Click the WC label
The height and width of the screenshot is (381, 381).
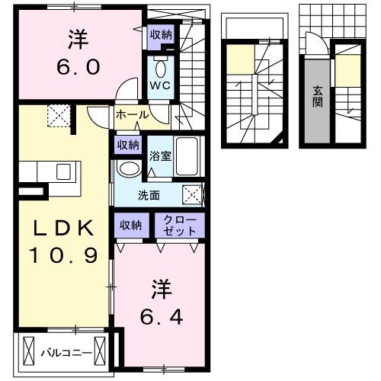(x=160, y=85)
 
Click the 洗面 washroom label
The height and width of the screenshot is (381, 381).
(x=149, y=194)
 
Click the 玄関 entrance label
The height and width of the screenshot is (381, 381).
(x=318, y=97)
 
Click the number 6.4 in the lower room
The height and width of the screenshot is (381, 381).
(x=160, y=315)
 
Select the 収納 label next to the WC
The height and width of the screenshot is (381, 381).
(x=160, y=34)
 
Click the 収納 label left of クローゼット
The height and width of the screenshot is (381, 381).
(x=130, y=224)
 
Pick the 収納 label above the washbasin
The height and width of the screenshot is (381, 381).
(x=127, y=144)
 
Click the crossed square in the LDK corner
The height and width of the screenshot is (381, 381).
(x=59, y=117)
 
